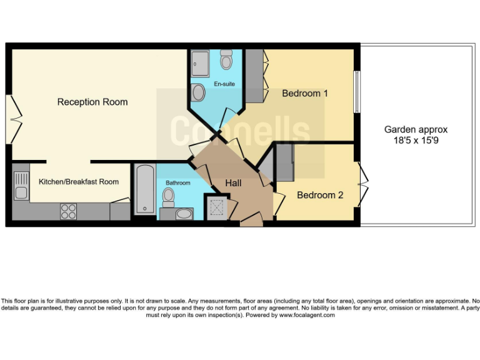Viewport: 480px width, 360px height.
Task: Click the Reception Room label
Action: point(92,102)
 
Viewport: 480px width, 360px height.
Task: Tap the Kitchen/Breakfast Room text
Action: point(79,182)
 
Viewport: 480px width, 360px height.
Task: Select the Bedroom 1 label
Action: point(305,94)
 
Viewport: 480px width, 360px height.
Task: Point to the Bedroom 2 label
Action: point(320,195)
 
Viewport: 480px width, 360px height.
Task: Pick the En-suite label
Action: point(224,84)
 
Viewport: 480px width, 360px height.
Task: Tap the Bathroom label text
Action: point(177,183)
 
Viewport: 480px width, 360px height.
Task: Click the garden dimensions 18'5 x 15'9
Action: point(416,141)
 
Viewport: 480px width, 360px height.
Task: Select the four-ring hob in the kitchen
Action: point(68,212)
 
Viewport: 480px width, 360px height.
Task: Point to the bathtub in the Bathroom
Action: point(144,189)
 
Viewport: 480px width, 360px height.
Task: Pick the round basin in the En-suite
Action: point(199,93)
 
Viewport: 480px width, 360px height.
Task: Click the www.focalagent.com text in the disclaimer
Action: point(306,315)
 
